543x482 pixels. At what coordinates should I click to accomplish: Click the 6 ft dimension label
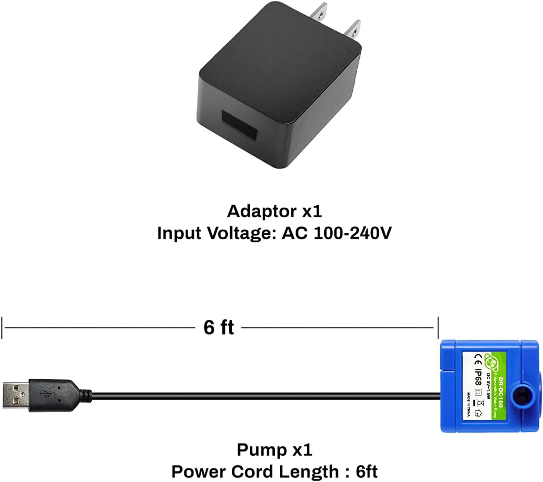[x=219, y=328]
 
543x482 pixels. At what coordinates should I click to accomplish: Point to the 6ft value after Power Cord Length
[x=366, y=472]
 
